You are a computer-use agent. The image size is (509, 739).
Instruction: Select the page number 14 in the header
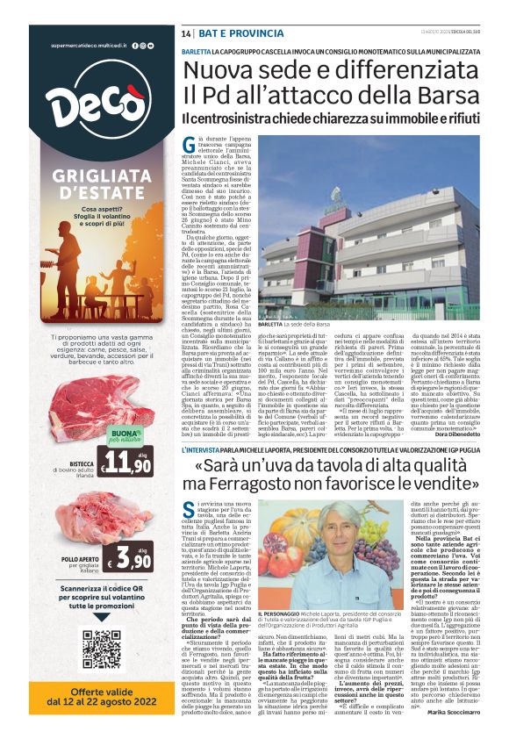click(187, 33)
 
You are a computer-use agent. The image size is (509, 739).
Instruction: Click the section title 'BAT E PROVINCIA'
click(229, 33)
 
